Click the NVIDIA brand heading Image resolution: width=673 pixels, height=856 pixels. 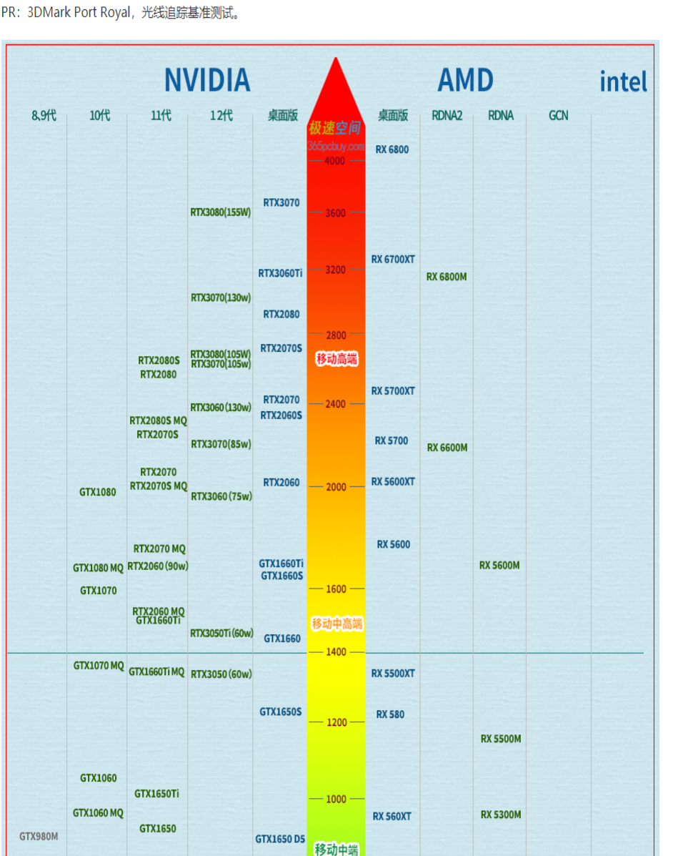click(207, 80)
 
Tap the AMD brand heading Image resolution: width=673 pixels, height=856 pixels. click(465, 80)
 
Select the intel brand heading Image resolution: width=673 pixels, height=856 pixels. click(623, 82)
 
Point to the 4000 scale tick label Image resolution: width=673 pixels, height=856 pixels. click(334, 161)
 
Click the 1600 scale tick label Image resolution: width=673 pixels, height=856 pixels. click(336, 589)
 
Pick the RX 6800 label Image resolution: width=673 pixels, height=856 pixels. click(392, 149)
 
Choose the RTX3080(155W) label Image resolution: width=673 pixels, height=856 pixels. click(221, 212)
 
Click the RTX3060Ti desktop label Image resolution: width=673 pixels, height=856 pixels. click(280, 273)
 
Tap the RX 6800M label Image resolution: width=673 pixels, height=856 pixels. click(447, 277)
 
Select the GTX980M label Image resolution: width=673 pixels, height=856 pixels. click(39, 836)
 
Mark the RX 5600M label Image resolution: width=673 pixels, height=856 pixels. click(499, 566)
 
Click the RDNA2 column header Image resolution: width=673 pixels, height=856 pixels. click(447, 115)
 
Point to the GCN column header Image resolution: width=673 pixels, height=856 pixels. click(559, 115)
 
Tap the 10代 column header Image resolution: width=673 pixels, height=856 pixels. click(100, 115)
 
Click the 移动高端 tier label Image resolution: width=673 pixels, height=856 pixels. click(336, 359)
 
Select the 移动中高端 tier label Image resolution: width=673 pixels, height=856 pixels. click(336, 624)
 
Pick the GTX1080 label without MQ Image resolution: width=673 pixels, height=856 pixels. click(98, 492)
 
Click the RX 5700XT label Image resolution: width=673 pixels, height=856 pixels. click(393, 391)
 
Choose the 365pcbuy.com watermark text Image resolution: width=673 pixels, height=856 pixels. click(336, 145)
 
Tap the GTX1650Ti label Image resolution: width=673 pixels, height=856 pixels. click(157, 794)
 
